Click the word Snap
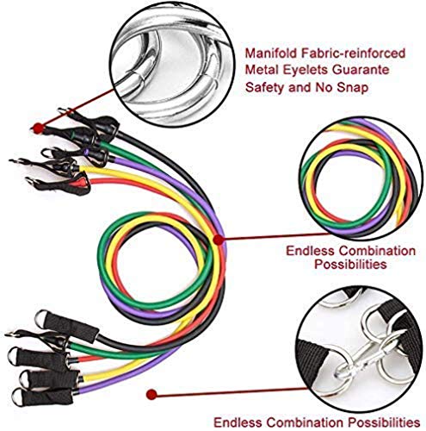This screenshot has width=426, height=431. point(353,87)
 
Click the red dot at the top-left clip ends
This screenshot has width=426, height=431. point(38,128)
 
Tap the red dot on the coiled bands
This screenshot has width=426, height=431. point(219,240)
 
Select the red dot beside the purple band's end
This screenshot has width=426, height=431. point(151,395)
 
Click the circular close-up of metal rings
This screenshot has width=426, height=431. point(172,64)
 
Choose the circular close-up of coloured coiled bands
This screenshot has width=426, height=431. point(361,178)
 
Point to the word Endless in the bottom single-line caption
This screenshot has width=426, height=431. point(238,422)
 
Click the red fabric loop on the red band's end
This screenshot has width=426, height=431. point(81,182)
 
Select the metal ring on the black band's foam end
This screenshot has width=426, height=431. point(41,318)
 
